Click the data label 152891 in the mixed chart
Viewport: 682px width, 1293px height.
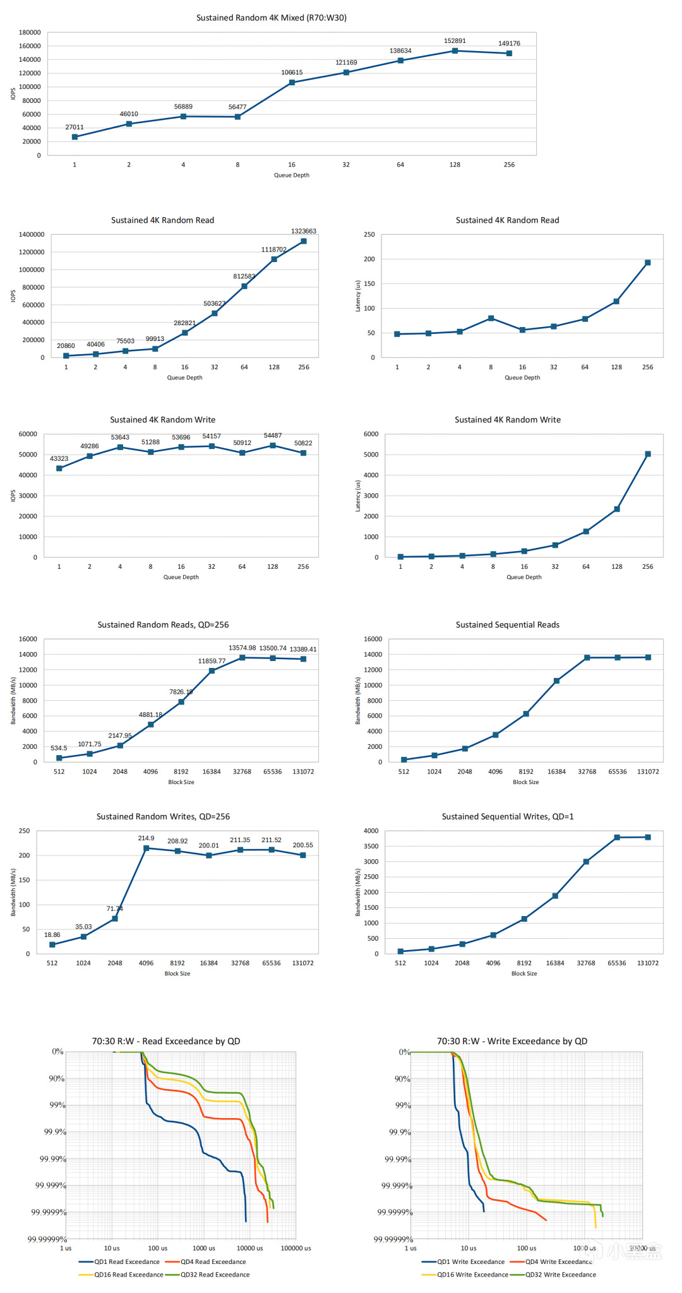[x=455, y=41]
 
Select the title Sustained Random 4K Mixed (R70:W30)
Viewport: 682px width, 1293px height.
[x=272, y=18]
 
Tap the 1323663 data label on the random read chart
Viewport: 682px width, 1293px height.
[x=304, y=231]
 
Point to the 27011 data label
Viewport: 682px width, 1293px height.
[x=75, y=128]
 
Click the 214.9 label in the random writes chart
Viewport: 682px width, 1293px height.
[x=146, y=838]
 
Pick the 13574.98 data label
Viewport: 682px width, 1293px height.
[x=242, y=648]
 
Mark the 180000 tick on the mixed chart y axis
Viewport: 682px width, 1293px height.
[x=30, y=32]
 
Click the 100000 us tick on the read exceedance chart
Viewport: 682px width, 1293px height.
[x=296, y=1248]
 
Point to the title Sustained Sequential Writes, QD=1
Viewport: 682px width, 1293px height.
[x=508, y=816]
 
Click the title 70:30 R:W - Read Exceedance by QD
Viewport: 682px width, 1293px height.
[x=166, y=1041]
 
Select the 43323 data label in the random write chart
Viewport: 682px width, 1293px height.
[x=59, y=459]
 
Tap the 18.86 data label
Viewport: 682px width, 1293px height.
[x=52, y=935]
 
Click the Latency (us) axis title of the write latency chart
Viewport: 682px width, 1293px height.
[x=358, y=496]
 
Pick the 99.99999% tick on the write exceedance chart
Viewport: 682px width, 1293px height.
[x=393, y=1239]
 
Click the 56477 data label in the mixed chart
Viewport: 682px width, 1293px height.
[x=237, y=107]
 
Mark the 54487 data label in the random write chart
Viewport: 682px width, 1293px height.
[x=273, y=436]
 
